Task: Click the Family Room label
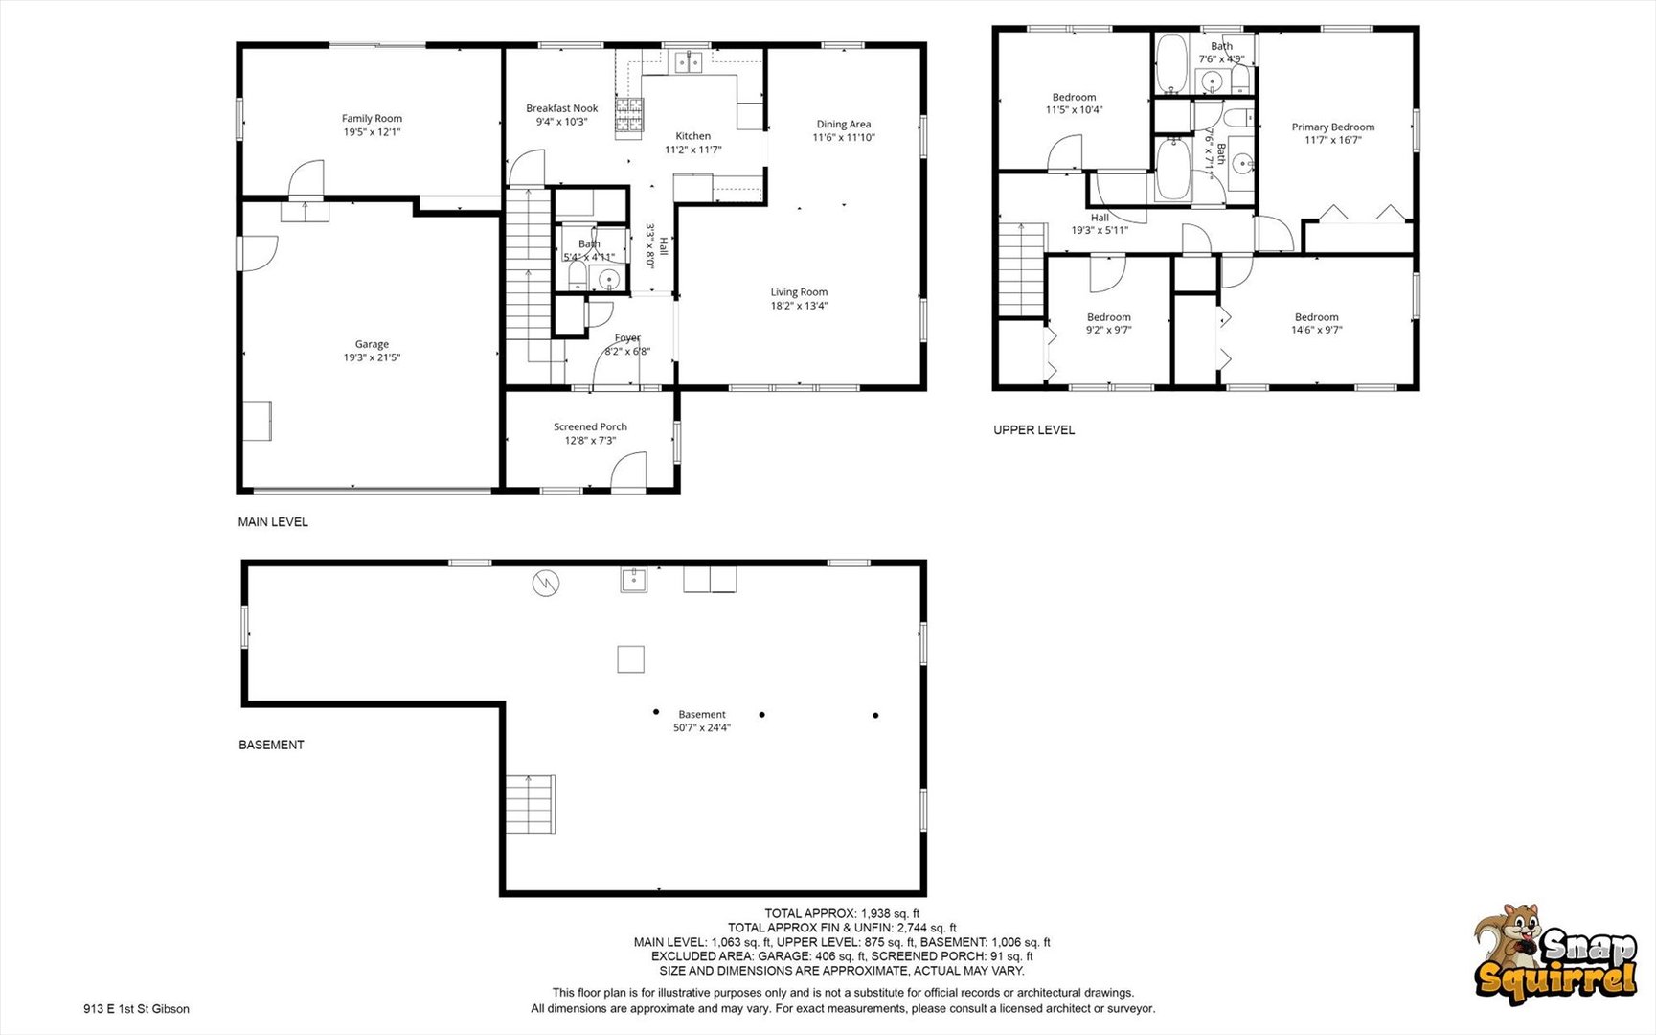(x=372, y=119)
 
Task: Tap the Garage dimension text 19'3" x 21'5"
(x=372, y=357)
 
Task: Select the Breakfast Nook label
(x=561, y=108)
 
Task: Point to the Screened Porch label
(x=590, y=426)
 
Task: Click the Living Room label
(x=799, y=292)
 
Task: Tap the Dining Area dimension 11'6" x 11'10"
(x=844, y=137)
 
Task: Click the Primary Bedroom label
(x=1332, y=126)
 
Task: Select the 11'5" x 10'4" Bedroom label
(x=1074, y=97)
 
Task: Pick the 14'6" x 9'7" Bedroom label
(x=1316, y=317)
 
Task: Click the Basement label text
(x=702, y=714)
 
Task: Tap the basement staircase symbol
(x=531, y=804)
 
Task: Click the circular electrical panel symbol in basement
(x=546, y=582)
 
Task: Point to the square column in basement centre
(x=630, y=658)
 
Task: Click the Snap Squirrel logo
(x=1554, y=954)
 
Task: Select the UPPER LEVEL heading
(x=1033, y=430)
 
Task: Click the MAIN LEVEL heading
(x=273, y=522)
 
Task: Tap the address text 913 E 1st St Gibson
(x=136, y=1009)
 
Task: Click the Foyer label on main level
(x=627, y=337)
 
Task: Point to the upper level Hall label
(x=1100, y=218)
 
